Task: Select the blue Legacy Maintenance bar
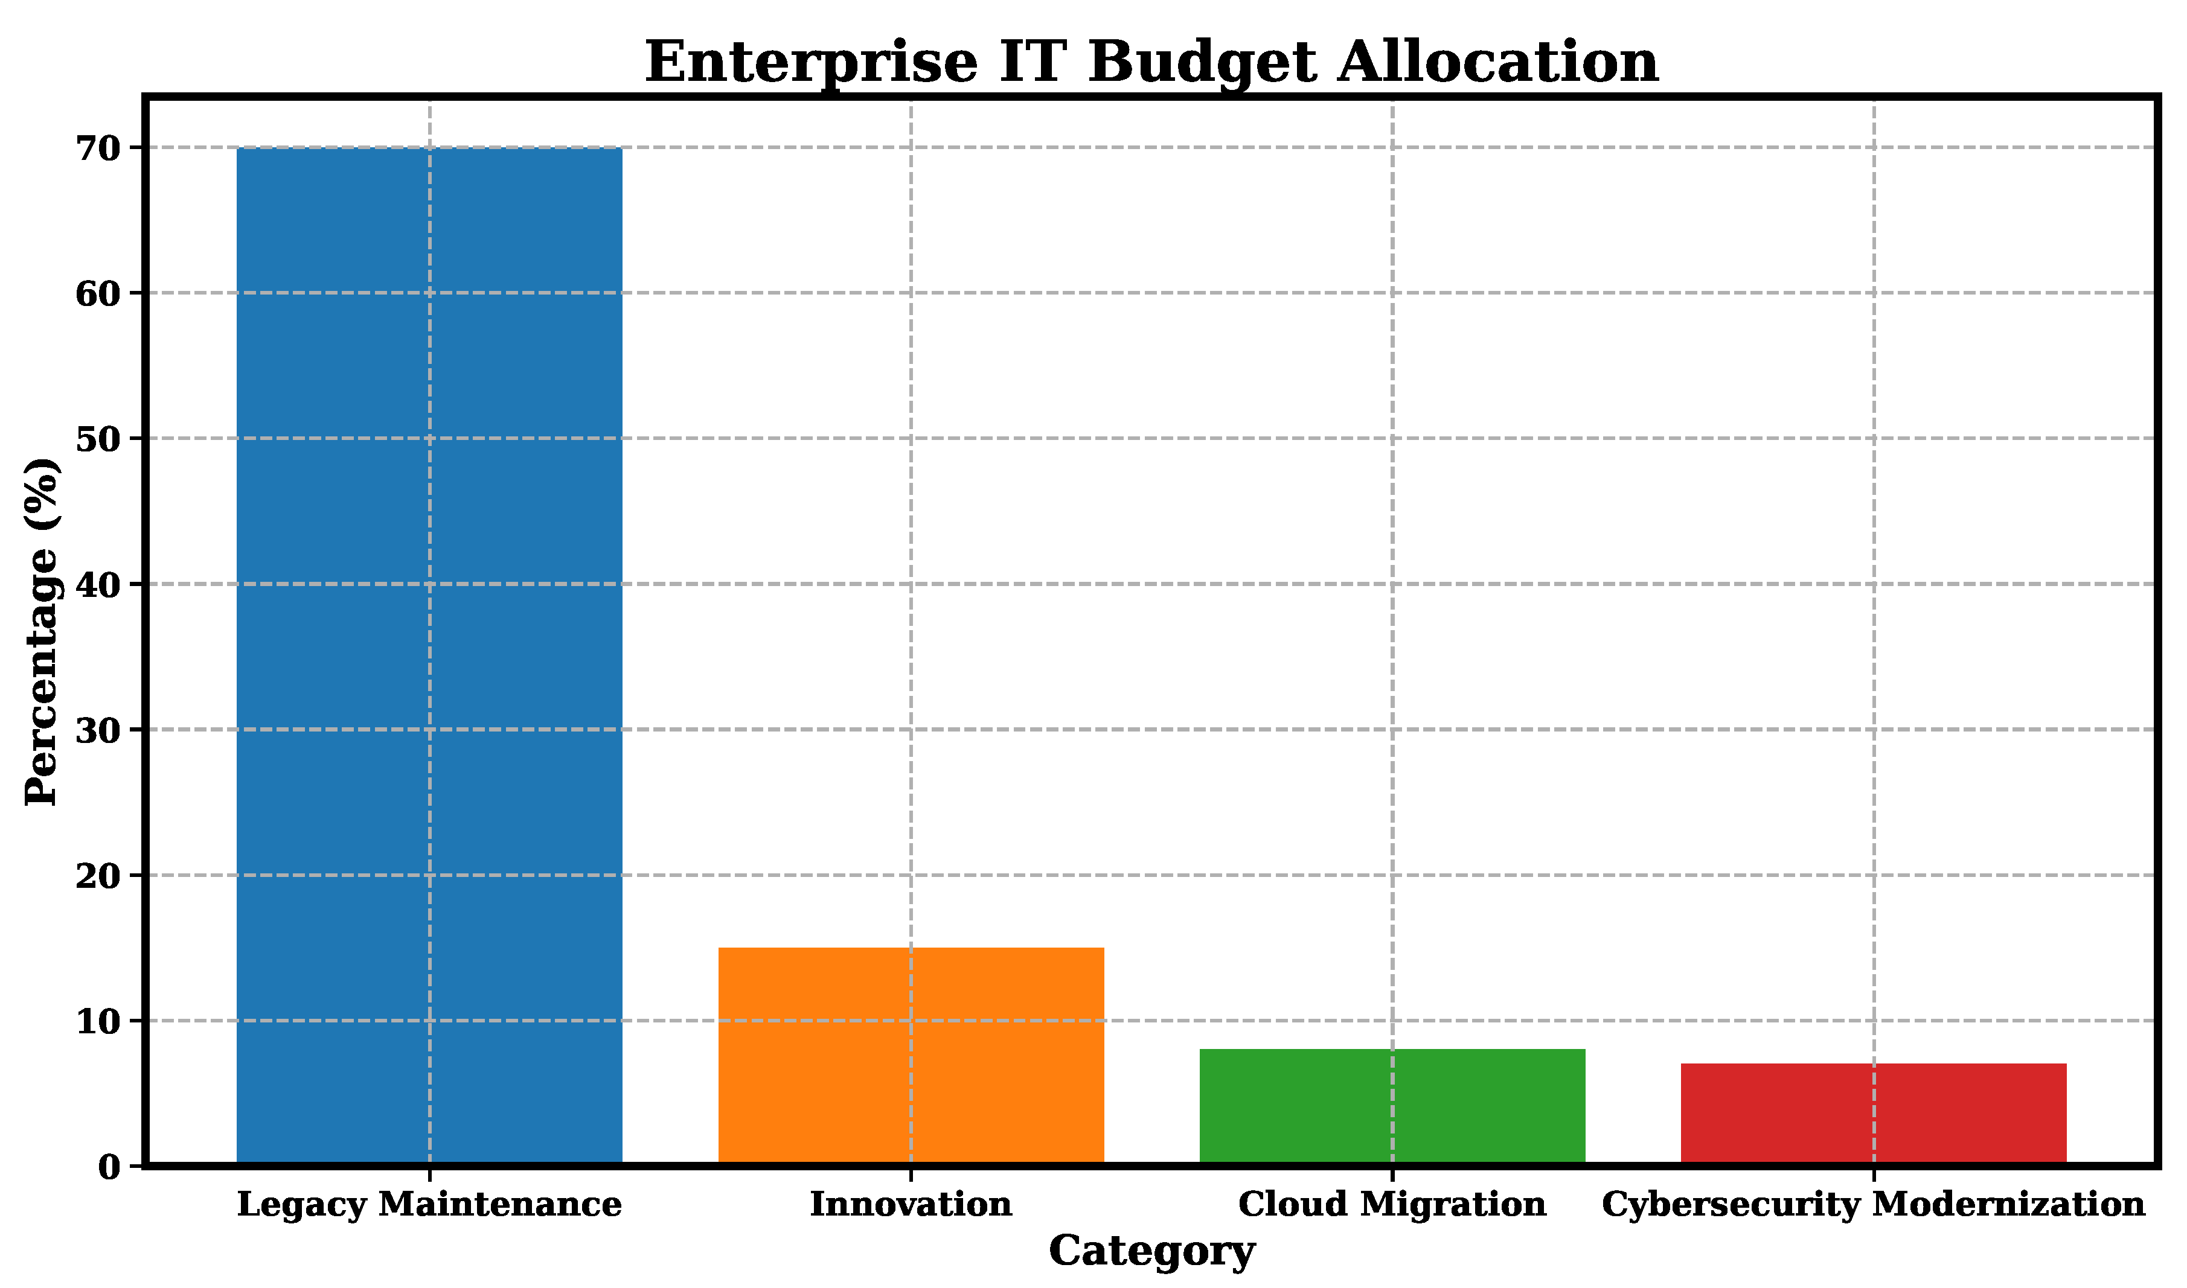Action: [x=429, y=656]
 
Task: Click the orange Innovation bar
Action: [x=911, y=1056]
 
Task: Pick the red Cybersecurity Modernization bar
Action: [x=1874, y=1114]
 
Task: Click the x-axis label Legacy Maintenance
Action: [x=429, y=1205]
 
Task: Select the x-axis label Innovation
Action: [x=911, y=1205]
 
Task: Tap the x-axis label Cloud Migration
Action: [x=1392, y=1205]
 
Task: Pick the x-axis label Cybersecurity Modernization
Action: [x=1874, y=1205]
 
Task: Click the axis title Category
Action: [x=1152, y=1252]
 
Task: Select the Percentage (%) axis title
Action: [x=42, y=632]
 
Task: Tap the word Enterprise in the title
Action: [x=812, y=63]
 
